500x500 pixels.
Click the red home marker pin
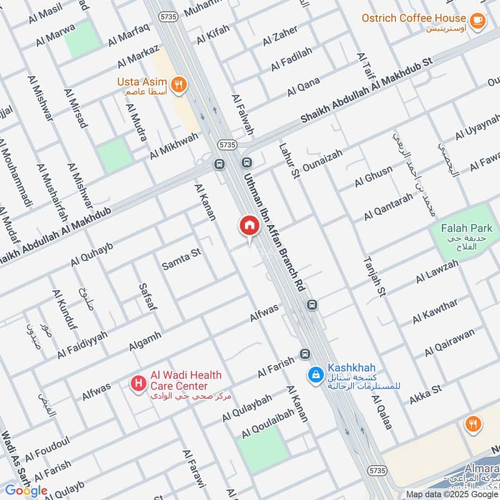[249, 226]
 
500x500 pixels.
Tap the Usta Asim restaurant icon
[179, 85]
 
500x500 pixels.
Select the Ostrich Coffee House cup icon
[477, 21]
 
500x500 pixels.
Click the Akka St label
[426, 394]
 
